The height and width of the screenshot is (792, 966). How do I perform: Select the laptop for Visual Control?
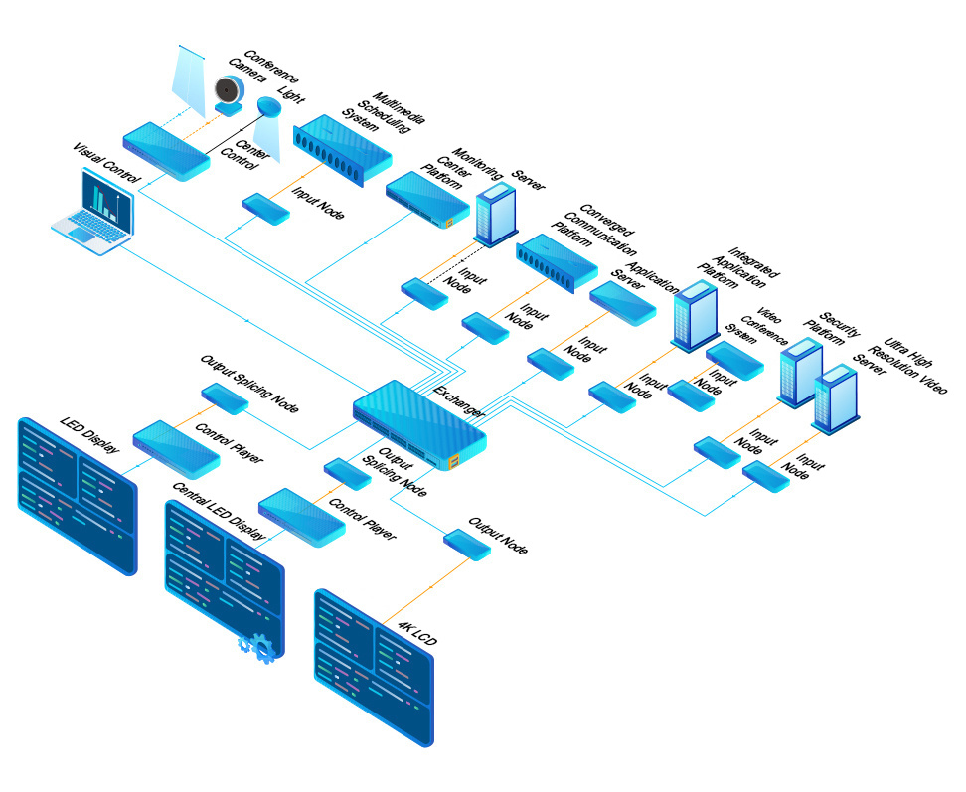pyautogui.click(x=95, y=214)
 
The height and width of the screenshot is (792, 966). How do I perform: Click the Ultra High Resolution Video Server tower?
pyautogui.click(x=836, y=398)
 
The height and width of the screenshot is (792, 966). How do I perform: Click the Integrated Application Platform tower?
pyautogui.click(x=694, y=314)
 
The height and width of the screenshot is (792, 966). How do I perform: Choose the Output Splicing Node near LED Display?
pyautogui.click(x=225, y=397)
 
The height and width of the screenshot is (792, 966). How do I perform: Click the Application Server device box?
pyautogui.click(x=623, y=303)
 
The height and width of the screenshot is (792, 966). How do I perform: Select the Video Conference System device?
pyautogui.click(x=733, y=361)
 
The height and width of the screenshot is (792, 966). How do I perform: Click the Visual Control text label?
pyautogui.click(x=105, y=164)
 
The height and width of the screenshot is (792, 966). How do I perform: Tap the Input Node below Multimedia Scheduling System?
pyautogui.click(x=266, y=209)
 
